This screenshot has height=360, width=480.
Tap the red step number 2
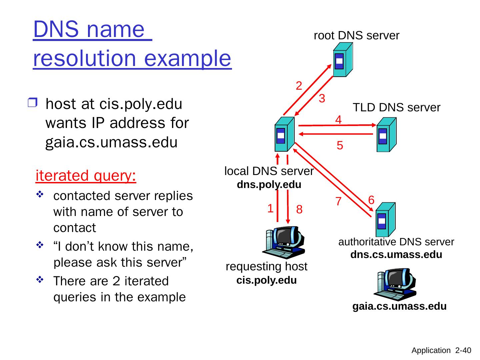[299, 86]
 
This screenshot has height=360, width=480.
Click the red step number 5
[340, 146]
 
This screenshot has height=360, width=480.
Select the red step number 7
[338, 202]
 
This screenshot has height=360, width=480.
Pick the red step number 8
[299, 210]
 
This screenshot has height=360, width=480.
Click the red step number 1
[270, 209]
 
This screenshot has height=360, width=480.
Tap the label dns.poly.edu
[269, 185]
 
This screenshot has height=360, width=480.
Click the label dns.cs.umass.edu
[396, 255]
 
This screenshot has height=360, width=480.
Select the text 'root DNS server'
[357, 35]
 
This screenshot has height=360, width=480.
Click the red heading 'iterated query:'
[86, 176]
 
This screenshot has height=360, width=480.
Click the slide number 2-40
[463, 350]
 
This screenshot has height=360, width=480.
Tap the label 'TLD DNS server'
[397, 107]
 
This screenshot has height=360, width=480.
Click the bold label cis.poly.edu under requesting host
[266, 280]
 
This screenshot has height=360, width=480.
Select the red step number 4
[338, 119]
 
